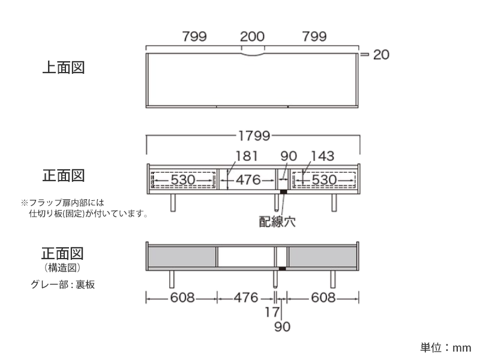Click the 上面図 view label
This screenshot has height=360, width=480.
(x=62, y=67)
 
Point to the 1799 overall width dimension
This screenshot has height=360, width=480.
(x=253, y=135)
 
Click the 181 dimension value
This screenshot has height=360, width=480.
(x=247, y=155)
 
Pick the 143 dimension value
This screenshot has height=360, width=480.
(x=322, y=155)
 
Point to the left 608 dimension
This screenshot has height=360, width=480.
(x=182, y=298)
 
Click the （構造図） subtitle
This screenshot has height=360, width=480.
(x=62, y=267)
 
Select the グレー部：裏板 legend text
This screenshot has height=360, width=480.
(x=62, y=284)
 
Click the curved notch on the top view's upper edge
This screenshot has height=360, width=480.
(x=253, y=55)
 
